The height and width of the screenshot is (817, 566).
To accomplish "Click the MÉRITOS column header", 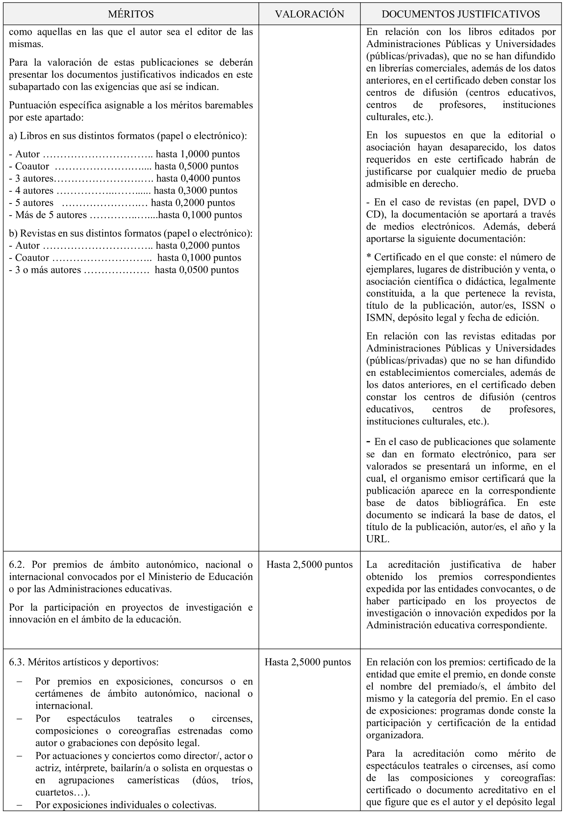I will click(131, 14).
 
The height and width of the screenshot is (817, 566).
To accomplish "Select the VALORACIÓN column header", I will click(309, 14).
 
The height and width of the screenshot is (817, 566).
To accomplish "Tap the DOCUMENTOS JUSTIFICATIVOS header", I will click(461, 14).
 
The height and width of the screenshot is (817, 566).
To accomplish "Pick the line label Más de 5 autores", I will click(51, 215).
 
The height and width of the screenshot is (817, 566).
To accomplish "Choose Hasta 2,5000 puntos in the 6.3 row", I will click(308, 662).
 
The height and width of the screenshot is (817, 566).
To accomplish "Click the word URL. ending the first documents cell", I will click(377, 539).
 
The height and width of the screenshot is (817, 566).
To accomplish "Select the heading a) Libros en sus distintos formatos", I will click(128, 136).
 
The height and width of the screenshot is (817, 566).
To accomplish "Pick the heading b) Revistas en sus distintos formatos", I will click(130, 233).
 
